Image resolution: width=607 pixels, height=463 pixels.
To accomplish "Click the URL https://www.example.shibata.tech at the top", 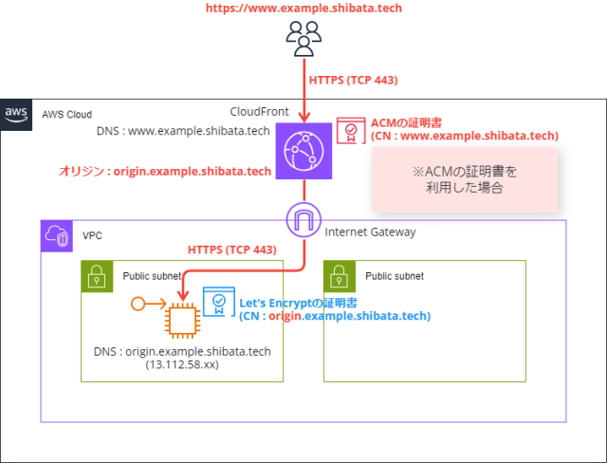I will pos(303,9).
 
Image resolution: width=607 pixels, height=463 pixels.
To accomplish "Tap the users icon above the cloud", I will pos(303,39).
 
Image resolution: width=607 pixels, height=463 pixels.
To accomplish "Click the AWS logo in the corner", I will pos(16,113).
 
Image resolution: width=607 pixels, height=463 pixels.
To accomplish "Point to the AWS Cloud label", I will pos(66,114).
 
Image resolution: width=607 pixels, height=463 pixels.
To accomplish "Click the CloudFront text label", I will pos(261,111).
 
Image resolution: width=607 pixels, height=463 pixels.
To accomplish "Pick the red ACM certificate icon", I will pos(350,130).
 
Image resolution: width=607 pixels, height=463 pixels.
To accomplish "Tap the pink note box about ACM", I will pos(463,179).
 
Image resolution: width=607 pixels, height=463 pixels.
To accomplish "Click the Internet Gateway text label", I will pos(370,231).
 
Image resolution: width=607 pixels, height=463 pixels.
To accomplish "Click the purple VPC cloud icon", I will pos(57,235).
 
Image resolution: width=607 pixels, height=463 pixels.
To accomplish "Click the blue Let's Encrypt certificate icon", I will pos(219,302).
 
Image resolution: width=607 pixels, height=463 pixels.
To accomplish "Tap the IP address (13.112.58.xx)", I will pos(182,364).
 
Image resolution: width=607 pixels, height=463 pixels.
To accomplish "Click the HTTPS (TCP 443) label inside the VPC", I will pos(231,250).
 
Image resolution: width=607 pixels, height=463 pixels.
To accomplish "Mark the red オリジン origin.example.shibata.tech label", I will pos(166,171).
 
